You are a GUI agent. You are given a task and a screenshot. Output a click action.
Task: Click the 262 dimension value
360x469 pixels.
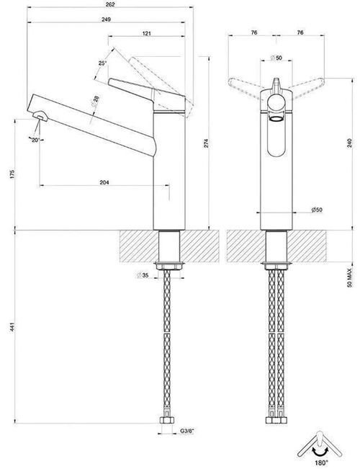click(110, 4)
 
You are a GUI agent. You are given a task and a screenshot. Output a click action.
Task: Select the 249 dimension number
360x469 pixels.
click(106, 19)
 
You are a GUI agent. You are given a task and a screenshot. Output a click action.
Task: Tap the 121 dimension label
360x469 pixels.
click(146, 33)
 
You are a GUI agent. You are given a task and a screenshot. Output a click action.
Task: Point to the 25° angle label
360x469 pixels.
click(102, 63)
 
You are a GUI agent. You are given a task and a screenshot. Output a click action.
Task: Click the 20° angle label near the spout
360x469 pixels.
click(35, 140)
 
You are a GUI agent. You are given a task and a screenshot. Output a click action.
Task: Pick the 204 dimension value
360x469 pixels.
click(104, 182)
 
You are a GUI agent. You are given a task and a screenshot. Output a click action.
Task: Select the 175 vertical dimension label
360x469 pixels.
click(12, 174)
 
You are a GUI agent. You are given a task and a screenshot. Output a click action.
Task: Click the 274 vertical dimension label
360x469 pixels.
click(207, 143)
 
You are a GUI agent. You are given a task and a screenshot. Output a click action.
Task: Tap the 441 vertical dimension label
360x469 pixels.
click(12, 327)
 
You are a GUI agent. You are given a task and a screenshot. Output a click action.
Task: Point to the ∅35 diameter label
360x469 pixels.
click(143, 275)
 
